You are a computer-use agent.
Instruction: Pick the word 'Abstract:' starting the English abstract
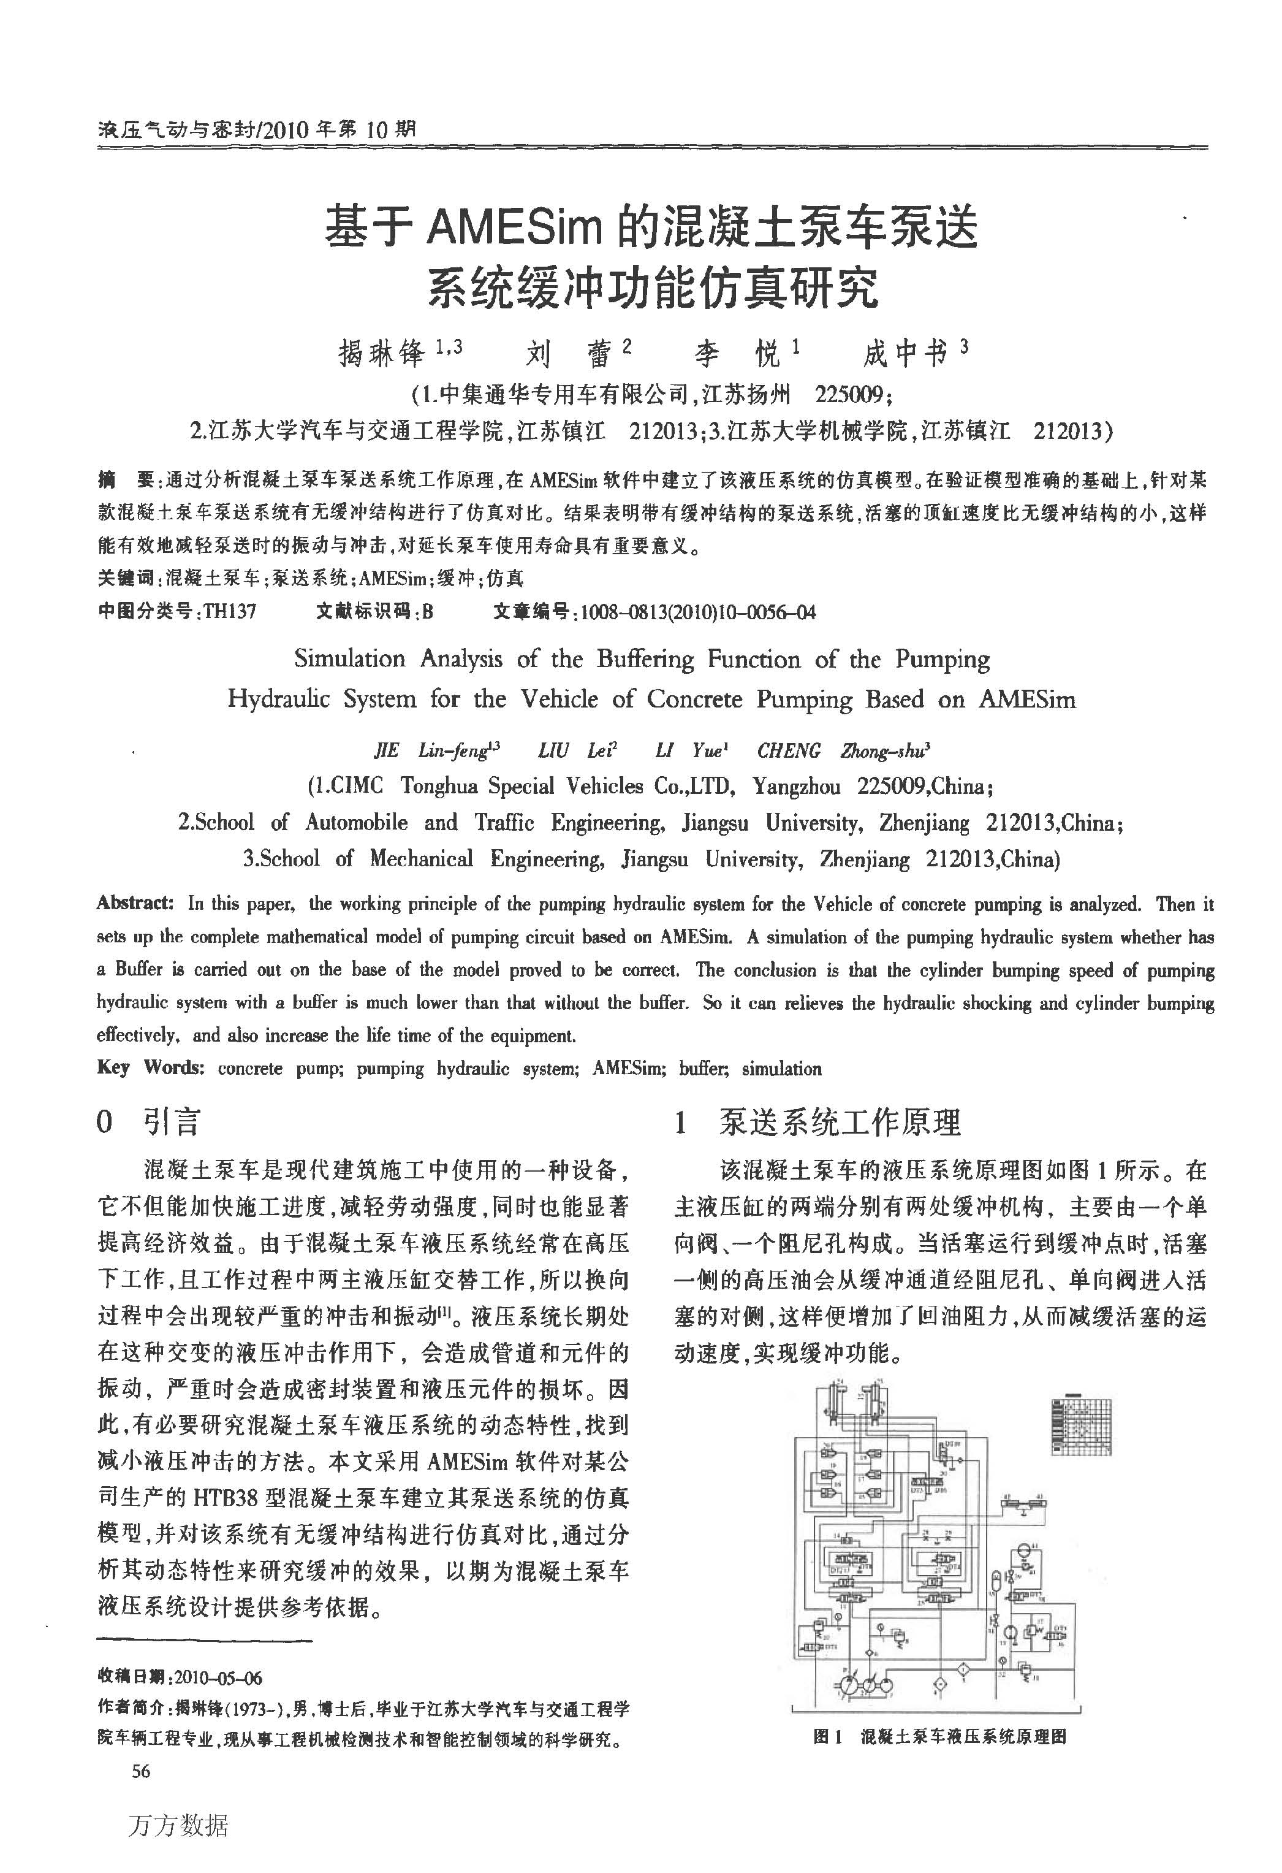point(135,904)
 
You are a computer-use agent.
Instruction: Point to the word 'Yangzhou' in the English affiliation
point(796,787)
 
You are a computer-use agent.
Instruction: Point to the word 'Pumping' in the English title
point(942,659)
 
